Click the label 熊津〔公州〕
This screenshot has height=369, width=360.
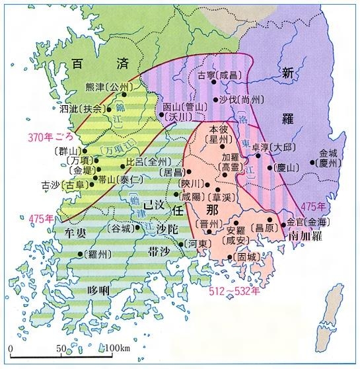point(110,87)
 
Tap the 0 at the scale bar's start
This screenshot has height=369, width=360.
point(11,348)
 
